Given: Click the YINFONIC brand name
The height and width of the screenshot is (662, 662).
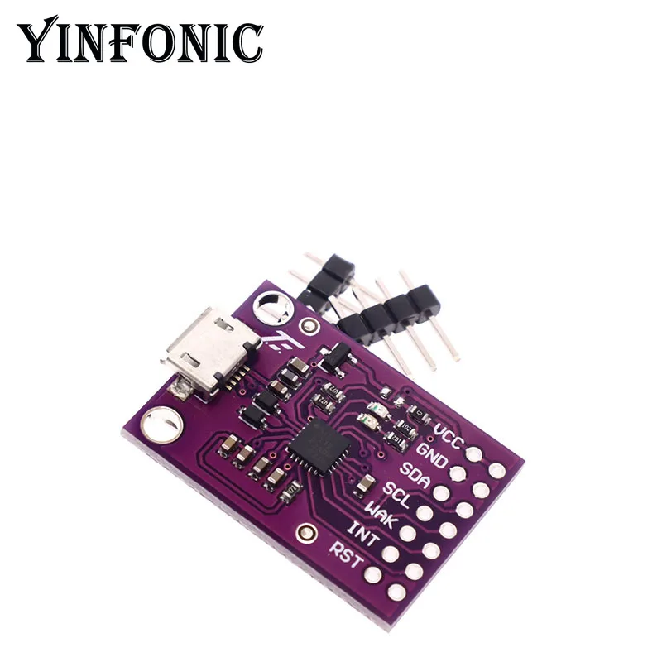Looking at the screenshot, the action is [141, 41].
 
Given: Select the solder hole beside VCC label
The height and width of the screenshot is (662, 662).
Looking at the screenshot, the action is [475, 453].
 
